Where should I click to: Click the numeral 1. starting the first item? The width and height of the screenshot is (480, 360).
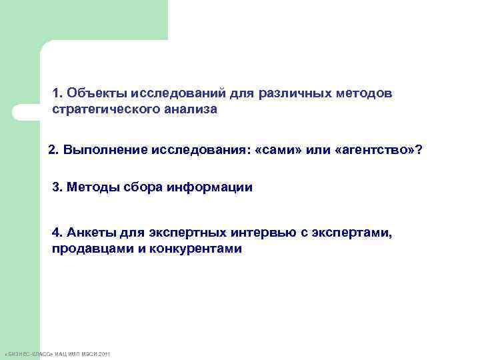pyautogui.click(x=57, y=93)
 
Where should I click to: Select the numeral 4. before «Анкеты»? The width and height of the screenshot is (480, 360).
pyautogui.click(x=57, y=233)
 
